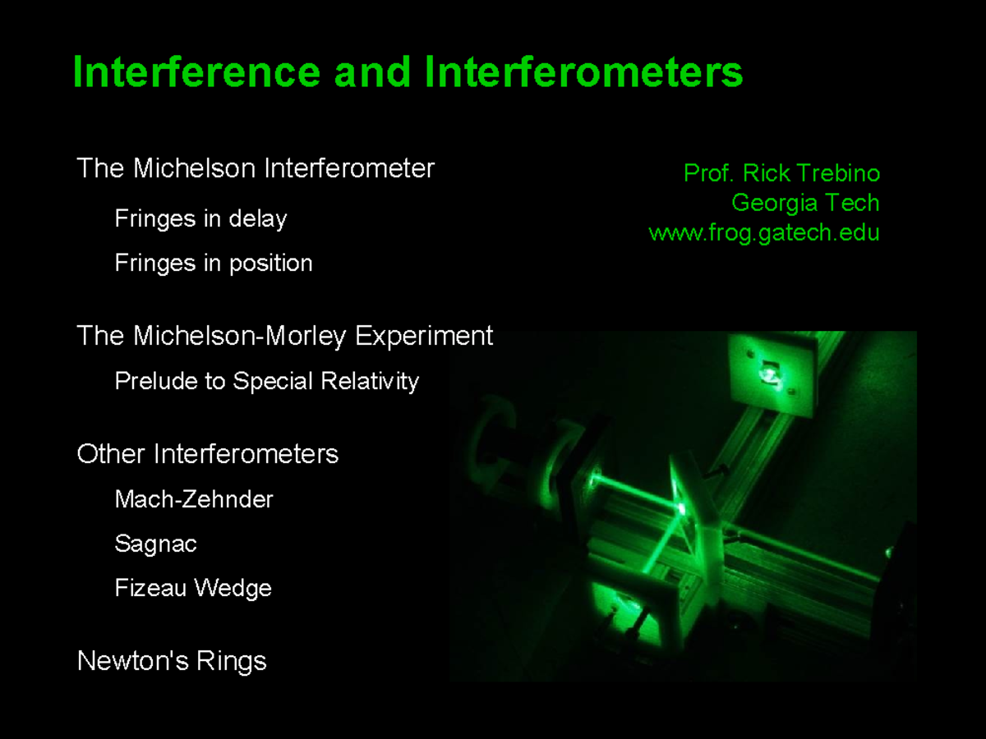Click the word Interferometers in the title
(x=583, y=72)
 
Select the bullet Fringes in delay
(x=200, y=219)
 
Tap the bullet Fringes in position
(x=214, y=264)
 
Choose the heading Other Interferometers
(x=207, y=454)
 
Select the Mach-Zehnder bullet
(x=194, y=499)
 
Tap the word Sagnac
(x=155, y=544)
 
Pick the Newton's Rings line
(x=172, y=661)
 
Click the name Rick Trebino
(x=811, y=173)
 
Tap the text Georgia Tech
(x=805, y=203)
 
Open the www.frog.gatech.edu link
(x=764, y=232)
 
